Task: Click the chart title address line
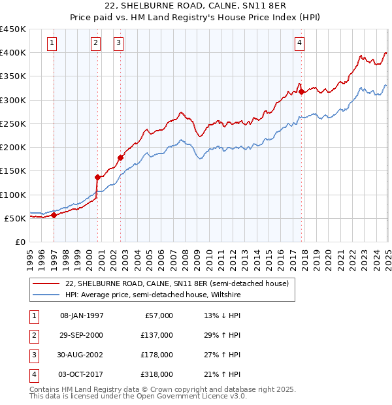click(x=195, y=7)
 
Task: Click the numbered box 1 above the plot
click(x=52, y=43)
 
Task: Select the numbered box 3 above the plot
click(x=118, y=43)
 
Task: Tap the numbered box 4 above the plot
click(x=299, y=43)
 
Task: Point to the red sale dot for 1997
click(x=54, y=215)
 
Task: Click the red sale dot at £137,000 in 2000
click(x=98, y=177)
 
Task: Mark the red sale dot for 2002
click(x=121, y=157)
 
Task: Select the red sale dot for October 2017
click(x=301, y=91)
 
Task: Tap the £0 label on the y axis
click(x=20, y=242)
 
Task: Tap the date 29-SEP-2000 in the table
click(x=81, y=335)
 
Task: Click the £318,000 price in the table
click(x=157, y=374)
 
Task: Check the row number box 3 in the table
click(x=32, y=355)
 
